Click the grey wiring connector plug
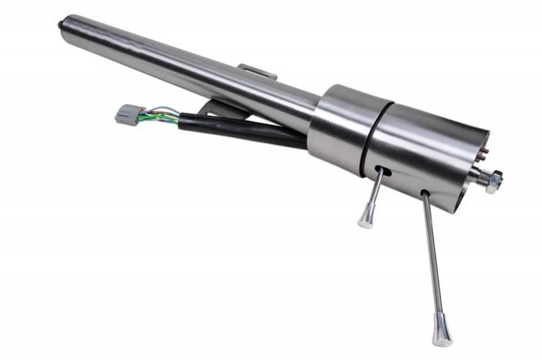(x=127, y=114)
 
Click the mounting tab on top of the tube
(x=257, y=71)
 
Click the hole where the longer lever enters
(x=425, y=195)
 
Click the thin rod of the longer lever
(x=432, y=258)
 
